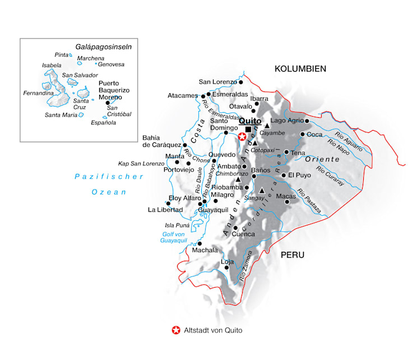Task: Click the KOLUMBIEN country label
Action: pos(300,69)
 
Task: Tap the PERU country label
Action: pos(293,255)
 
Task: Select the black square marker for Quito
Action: pos(248,130)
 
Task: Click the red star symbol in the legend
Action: pos(176,330)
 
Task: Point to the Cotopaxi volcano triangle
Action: pos(254,144)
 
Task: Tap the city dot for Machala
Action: pos(200,244)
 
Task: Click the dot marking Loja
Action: pos(226,267)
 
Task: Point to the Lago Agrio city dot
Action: pos(307,120)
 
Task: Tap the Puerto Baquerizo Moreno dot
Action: pos(108,103)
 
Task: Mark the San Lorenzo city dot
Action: pos(241,82)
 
